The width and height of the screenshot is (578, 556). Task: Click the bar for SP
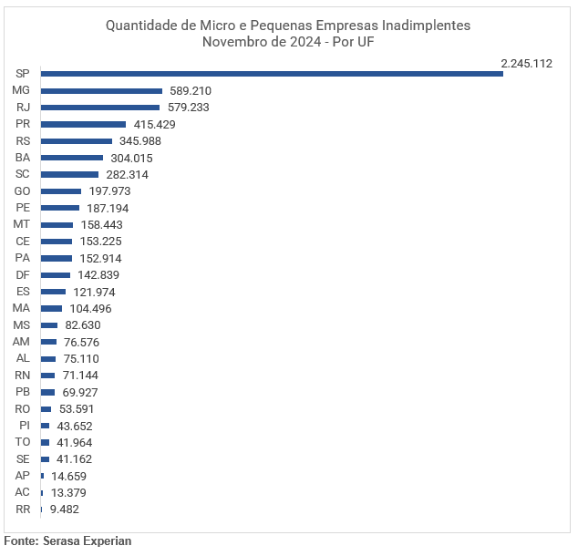272,74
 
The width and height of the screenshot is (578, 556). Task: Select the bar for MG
101,91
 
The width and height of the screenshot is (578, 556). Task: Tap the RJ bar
100,108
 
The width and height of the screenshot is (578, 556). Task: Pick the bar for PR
83,124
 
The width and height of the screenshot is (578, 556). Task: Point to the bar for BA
72,158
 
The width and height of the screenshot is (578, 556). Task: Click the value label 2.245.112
526,63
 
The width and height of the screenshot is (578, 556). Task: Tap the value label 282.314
127,174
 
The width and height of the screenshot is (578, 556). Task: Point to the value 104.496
90,308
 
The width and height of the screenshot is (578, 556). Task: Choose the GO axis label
23,191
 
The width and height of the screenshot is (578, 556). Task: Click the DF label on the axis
23,274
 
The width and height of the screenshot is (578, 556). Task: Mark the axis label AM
22,342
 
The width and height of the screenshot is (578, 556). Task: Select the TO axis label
23,442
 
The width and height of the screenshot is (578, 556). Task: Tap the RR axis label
23,510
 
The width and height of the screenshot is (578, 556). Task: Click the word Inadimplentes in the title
422,26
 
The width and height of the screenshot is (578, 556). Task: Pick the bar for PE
60,208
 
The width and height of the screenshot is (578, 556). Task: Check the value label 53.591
75,409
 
